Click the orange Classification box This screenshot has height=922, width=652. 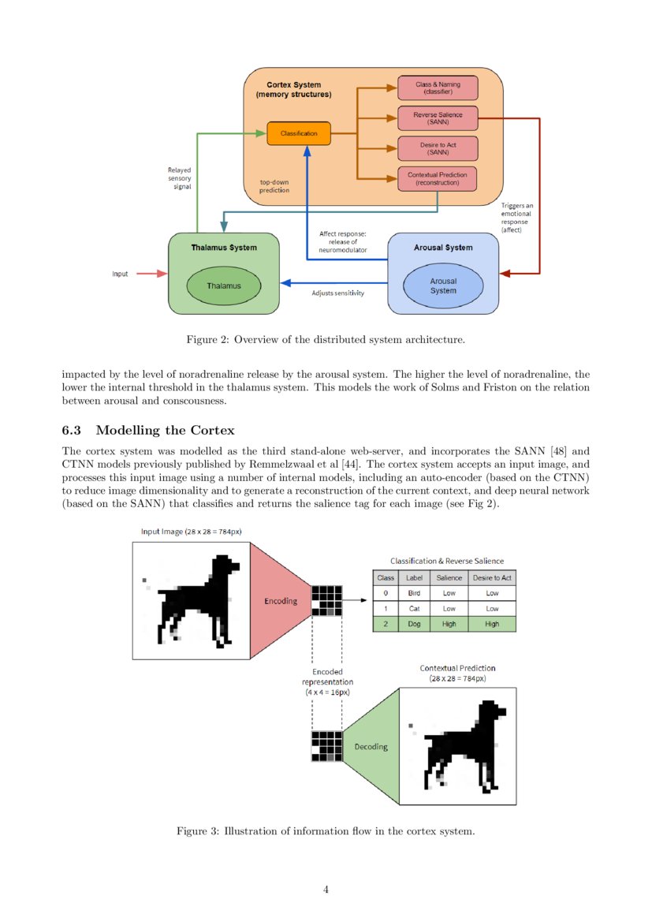point(299,133)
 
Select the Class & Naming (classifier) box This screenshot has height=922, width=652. point(438,88)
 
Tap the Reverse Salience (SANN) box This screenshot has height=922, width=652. point(438,118)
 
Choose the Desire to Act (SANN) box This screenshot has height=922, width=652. point(438,148)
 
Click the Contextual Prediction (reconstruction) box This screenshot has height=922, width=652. point(438,178)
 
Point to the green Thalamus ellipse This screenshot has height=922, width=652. point(224,286)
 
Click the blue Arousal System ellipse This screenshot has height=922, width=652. point(442,286)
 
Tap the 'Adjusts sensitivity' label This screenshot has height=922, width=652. point(338,293)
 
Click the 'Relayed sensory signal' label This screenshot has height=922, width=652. point(179,178)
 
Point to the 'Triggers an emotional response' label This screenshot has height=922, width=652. point(517,218)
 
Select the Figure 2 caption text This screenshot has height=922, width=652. point(326,340)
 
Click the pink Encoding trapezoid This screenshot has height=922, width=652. point(280,601)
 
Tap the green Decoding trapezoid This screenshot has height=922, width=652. point(371,747)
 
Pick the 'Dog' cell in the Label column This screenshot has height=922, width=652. point(415,624)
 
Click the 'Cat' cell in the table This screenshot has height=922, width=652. point(415,608)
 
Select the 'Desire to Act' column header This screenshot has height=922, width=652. point(492,578)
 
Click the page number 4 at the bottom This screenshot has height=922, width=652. point(326,890)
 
